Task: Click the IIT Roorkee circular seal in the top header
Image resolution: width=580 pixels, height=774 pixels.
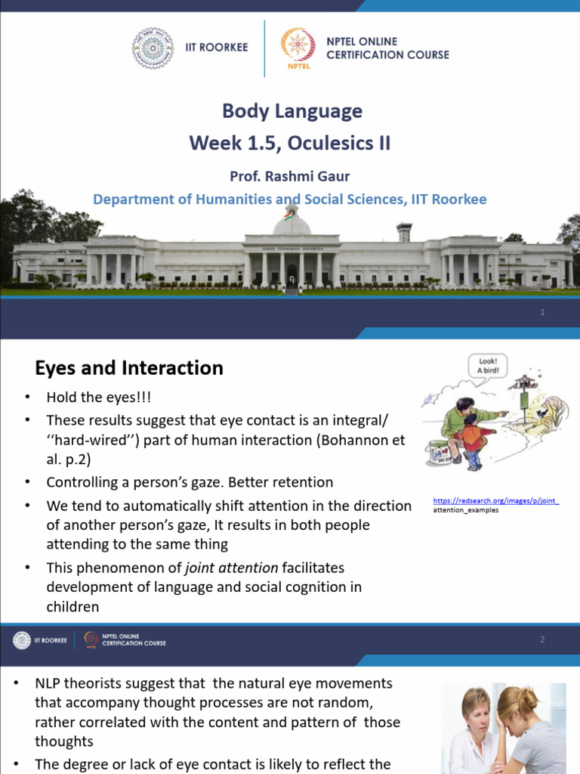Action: [x=153, y=48]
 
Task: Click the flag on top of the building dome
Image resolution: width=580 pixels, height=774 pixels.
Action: [x=288, y=213]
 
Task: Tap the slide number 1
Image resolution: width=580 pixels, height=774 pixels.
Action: [x=542, y=313]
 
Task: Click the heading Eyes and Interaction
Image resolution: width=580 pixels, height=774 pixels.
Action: [x=129, y=368]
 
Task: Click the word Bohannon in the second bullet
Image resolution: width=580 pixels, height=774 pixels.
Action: [x=352, y=440]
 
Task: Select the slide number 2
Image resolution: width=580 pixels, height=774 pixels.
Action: [x=542, y=640]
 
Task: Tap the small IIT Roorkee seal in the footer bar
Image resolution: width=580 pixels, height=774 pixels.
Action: [x=21, y=640]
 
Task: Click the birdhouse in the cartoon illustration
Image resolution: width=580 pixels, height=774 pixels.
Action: [x=523, y=384]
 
